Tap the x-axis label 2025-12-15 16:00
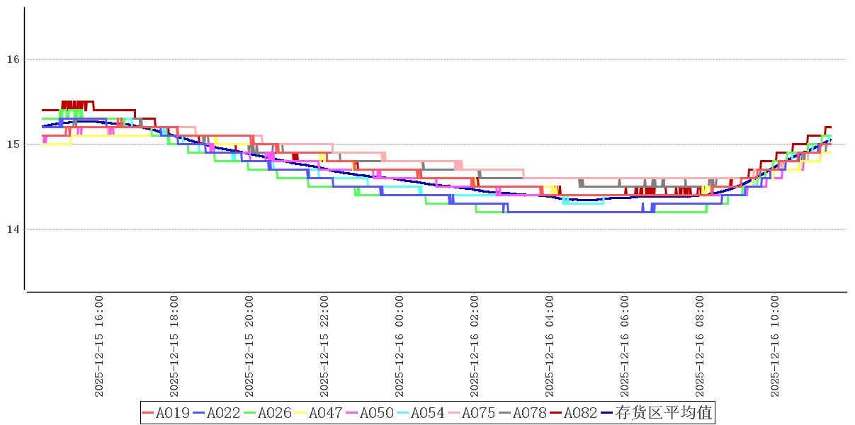pos(99,346)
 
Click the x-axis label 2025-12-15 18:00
pos(174,346)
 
